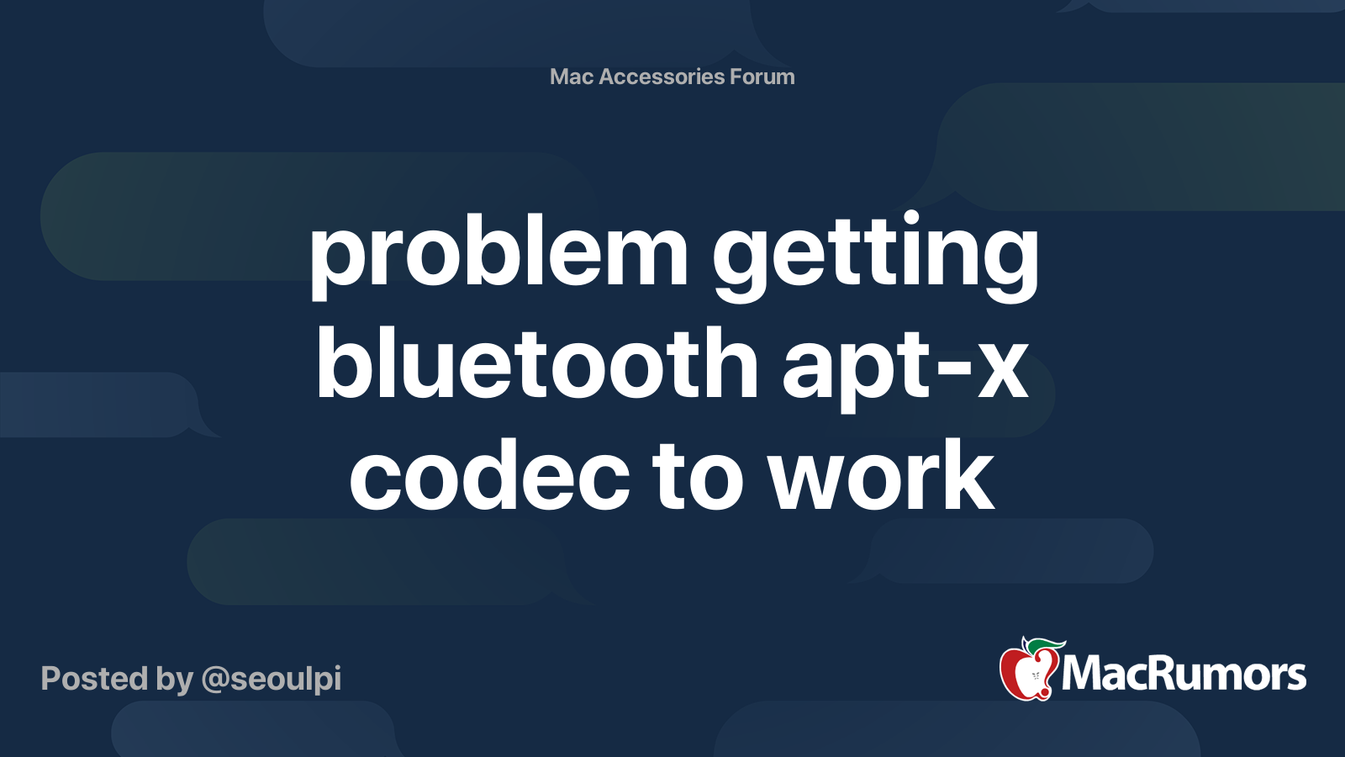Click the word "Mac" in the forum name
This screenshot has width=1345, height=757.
tap(572, 77)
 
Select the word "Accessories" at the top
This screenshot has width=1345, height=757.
tap(662, 77)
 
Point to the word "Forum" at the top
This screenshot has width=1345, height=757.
tap(762, 77)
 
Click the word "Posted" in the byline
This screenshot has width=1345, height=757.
tap(94, 679)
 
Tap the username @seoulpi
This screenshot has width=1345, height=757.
tap(272, 679)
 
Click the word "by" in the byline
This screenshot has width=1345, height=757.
tap(174, 680)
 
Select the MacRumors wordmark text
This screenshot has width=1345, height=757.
tap(1184, 675)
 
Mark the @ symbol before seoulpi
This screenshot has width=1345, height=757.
tap(215, 680)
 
